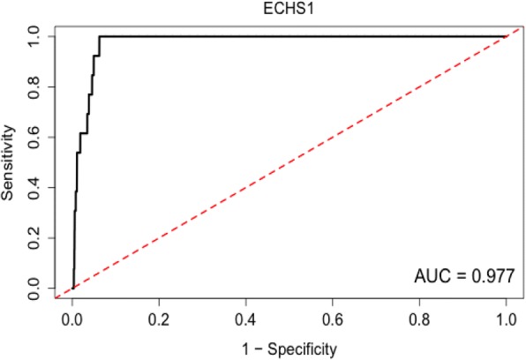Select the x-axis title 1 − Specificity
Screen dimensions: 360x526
(x=288, y=349)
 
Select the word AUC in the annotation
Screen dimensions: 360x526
(x=431, y=277)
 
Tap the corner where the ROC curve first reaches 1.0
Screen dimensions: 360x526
(x=100, y=36)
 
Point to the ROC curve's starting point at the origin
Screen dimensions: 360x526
(x=72, y=288)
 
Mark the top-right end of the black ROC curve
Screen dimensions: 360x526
(x=506, y=36)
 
